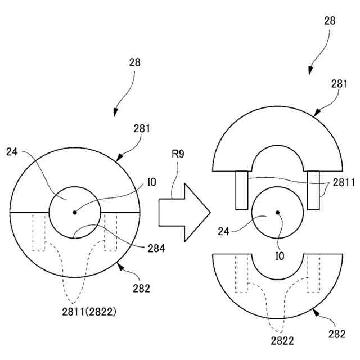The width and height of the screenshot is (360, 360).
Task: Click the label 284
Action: coord(156,247)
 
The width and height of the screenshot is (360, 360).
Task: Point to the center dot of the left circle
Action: coord(74,212)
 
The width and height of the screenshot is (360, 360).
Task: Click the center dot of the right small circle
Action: coord(277,212)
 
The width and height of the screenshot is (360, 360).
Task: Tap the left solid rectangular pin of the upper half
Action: coord(242,190)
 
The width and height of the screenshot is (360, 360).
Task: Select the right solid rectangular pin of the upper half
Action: coord(313,190)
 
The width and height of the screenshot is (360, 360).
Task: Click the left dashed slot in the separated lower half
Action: coord(242,273)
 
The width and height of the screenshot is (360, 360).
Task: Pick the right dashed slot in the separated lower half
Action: coord(313,273)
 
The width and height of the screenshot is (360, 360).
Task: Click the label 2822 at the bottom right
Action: coord(281,341)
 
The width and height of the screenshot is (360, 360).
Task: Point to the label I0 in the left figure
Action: coord(151,181)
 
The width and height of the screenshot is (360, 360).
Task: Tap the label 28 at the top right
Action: coord(330,21)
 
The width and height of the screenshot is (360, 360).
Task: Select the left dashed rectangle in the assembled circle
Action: coord(39,232)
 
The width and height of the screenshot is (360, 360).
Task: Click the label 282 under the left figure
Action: coord(142,289)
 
